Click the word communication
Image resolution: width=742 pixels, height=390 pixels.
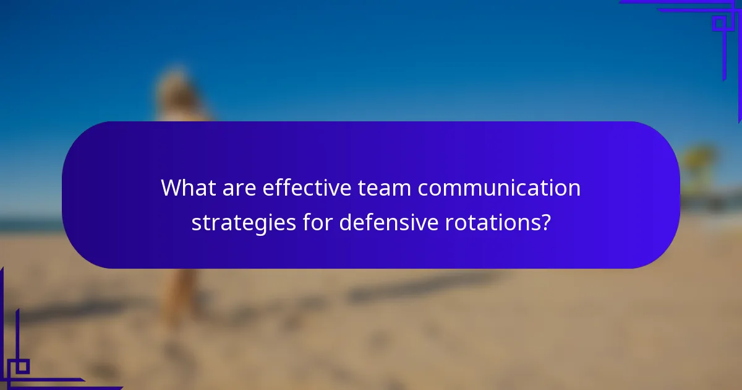(499, 188)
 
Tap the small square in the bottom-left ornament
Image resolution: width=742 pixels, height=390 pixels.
(22, 366)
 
